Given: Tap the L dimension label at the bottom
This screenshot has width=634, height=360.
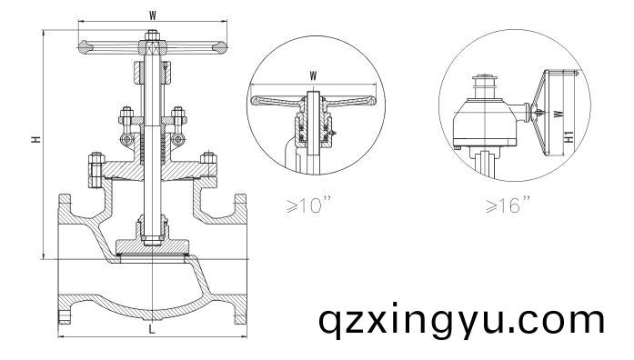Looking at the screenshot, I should click(151, 328).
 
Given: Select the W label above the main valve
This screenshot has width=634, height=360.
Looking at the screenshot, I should click(151, 14).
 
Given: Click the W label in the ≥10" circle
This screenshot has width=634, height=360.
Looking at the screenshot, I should click(313, 75).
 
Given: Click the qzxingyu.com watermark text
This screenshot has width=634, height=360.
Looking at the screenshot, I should click(461, 320).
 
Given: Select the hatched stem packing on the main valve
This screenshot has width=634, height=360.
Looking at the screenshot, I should click(151, 145).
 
